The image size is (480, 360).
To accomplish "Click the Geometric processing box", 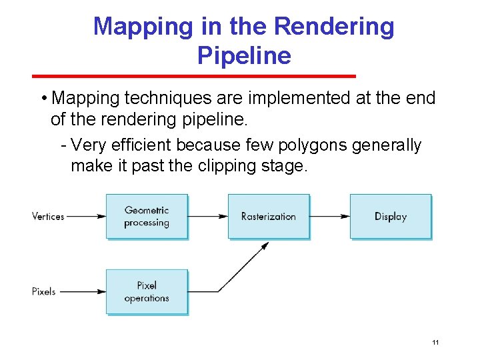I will tap(147, 216).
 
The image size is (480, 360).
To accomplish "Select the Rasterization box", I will tap(268, 216).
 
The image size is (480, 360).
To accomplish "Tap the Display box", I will tap(390, 216).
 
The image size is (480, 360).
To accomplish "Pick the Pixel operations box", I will tap(147, 291).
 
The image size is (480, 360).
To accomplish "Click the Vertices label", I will tap(48, 216).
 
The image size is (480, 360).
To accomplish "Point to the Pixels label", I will tap(44, 291).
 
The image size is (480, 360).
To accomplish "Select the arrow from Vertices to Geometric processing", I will tap(85, 216).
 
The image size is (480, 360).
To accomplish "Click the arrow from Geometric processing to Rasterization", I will tap(207, 216).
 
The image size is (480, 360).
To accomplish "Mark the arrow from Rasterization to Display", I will tap(329, 216).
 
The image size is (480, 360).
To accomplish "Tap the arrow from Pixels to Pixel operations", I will tap(81, 291).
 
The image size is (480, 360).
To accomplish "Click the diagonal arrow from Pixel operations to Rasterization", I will tap(243, 267).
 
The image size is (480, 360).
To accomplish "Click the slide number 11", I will tap(435, 343).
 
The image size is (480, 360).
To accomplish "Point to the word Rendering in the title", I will tap(334, 27).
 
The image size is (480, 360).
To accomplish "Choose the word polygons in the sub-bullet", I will tap(321, 145).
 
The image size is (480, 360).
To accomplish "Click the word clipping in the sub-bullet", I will tap(226, 165).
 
